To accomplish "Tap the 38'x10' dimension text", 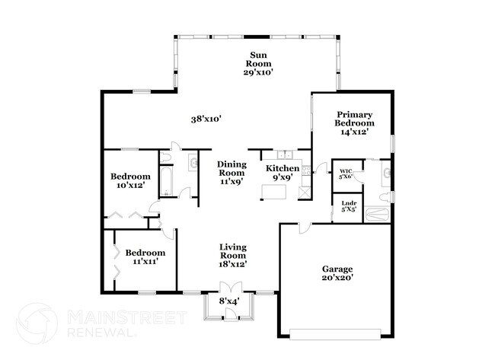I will tap(206, 119).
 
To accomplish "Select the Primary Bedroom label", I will tap(355, 123).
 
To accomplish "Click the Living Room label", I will tap(233, 255).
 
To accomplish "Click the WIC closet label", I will tap(346, 174).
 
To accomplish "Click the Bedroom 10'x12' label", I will tap(129, 180).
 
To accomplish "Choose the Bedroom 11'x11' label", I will tap(145, 256).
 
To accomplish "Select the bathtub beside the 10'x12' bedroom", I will tap(167, 180).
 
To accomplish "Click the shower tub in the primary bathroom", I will tap(377, 215).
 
